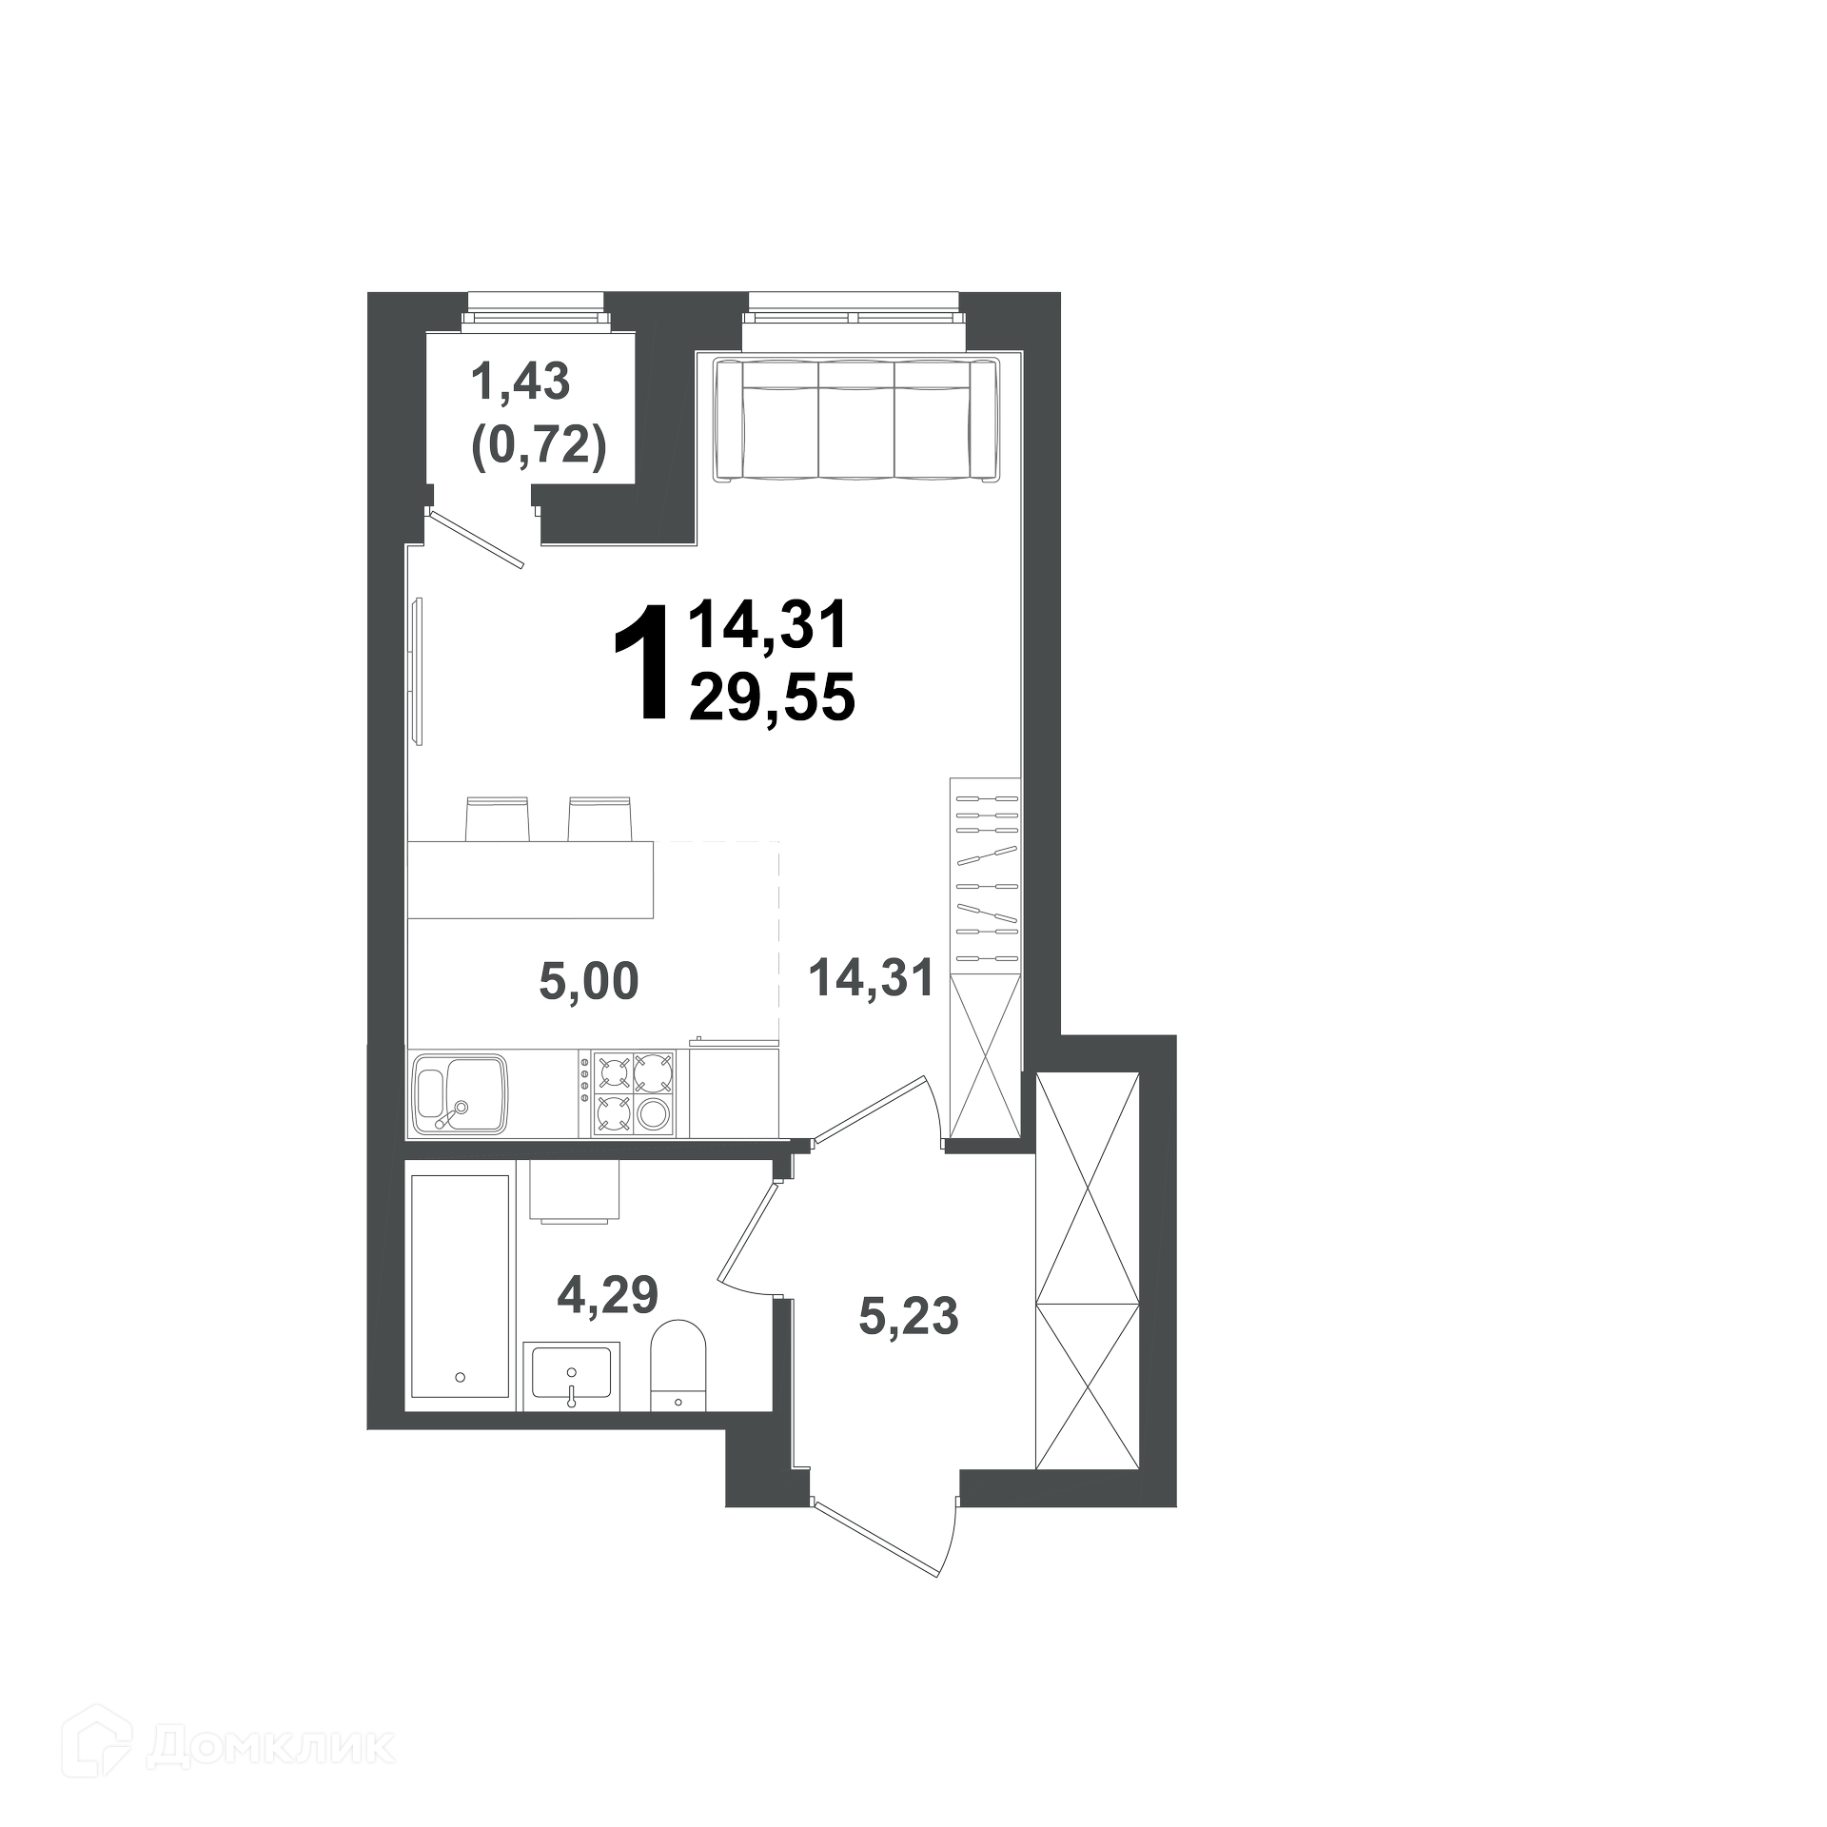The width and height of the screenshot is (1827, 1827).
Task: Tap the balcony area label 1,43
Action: (x=521, y=383)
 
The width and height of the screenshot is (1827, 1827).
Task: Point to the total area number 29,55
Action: (x=773, y=701)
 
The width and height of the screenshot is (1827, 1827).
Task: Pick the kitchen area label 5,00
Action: (x=588, y=981)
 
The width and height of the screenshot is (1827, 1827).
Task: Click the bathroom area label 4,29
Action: (x=608, y=1294)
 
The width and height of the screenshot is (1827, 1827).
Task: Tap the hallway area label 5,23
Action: (x=908, y=1317)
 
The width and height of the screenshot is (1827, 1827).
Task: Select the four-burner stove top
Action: (x=633, y=1094)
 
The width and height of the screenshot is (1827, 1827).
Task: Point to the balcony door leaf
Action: (x=477, y=540)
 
